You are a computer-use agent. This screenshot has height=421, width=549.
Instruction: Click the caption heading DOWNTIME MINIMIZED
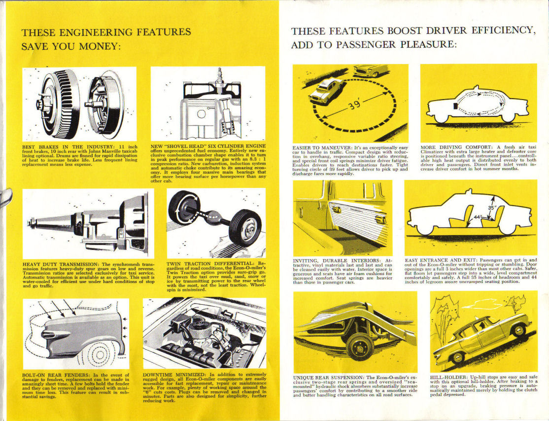tap(174, 375)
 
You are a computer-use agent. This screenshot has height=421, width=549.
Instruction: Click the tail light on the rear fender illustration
tap(49, 335)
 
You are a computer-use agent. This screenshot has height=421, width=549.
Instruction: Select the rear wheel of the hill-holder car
tap(518, 329)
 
